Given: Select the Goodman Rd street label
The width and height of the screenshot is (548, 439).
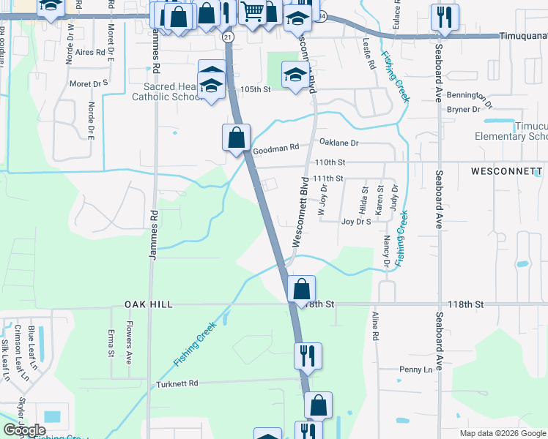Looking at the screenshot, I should click(x=276, y=148).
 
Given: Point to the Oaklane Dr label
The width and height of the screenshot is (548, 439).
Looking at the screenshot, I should click(x=339, y=143).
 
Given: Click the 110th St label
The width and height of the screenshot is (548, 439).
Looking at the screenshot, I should click(x=330, y=162).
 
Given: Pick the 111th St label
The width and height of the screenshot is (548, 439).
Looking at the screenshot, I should click(x=327, y=179).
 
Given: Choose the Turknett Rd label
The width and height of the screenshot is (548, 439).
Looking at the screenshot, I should click(x=177, y=383).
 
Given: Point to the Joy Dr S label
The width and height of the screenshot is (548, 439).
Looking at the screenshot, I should click(x=357, y=221).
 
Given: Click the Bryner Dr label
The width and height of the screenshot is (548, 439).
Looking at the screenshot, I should click(x=464, y=110).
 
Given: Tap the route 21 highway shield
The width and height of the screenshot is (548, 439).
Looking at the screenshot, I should click(x=228, y=37).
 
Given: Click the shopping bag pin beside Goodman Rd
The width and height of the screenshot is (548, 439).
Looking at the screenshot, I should click(x=237, y=137).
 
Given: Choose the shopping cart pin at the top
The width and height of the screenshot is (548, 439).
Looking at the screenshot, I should click(x=252, y=12).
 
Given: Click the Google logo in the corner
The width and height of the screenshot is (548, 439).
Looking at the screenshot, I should click(x=25, y=430).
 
